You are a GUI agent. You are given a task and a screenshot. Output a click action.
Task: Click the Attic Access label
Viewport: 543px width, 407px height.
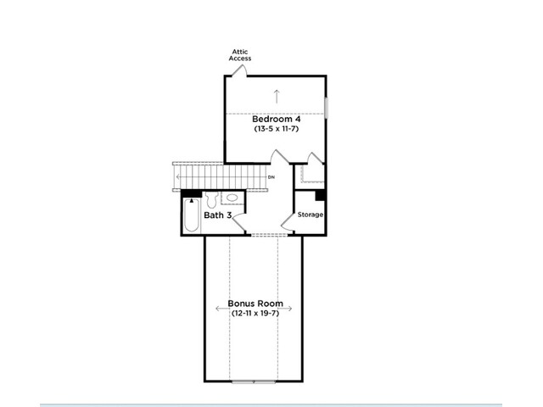239,55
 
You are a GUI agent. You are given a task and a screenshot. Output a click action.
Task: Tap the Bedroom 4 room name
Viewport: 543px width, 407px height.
277,119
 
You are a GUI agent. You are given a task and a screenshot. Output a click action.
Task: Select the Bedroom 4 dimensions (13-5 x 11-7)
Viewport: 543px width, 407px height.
277,129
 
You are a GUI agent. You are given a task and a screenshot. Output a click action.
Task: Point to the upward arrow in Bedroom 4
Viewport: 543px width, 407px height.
277,96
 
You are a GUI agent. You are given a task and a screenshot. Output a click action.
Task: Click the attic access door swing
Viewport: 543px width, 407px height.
239,70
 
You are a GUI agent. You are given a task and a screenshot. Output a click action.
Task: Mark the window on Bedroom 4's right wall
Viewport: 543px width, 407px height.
326,109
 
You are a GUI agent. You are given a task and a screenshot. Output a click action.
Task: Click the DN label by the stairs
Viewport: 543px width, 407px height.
271,177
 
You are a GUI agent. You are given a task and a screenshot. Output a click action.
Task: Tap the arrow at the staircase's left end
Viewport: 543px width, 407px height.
178,177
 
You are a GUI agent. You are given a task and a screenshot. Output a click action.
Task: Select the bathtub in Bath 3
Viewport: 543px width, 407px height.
192,215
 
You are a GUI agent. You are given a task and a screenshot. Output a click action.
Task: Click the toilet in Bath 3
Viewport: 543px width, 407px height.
211,200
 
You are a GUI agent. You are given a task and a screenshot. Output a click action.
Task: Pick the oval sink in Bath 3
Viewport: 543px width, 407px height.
232,198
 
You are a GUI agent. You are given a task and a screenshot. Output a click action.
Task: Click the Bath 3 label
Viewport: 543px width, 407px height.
217,215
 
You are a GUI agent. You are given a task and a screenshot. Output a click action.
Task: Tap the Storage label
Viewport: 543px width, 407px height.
311,215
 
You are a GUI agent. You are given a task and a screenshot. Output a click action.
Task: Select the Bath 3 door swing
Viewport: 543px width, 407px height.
239,223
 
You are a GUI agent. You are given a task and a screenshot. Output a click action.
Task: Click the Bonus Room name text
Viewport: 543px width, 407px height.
255,304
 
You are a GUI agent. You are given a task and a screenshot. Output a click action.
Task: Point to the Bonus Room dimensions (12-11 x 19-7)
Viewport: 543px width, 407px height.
255,314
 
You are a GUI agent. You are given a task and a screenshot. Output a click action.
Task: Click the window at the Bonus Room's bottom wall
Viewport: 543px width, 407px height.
254,382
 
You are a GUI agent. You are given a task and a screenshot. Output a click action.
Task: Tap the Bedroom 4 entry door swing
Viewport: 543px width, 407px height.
279,156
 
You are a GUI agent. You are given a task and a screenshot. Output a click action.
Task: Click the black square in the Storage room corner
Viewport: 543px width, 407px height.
321,195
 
